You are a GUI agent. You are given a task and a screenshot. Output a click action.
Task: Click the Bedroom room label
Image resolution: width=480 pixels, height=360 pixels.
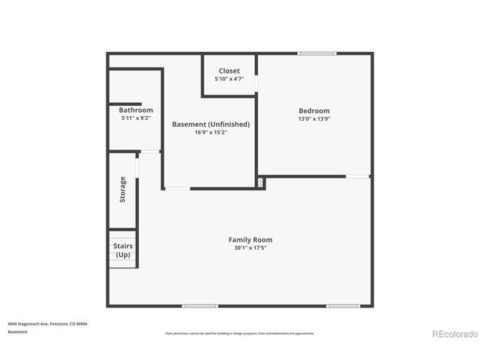point(313,111)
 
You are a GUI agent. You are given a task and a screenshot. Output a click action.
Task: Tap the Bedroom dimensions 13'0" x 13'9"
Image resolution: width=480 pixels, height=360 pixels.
point(313,118)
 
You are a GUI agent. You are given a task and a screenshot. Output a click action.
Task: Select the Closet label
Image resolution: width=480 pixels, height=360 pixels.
point(229,70)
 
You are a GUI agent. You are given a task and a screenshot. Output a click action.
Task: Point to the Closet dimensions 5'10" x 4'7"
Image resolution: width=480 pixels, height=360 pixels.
point(229,79)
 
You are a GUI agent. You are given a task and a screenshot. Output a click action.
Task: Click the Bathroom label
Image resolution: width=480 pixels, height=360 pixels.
point(136,110)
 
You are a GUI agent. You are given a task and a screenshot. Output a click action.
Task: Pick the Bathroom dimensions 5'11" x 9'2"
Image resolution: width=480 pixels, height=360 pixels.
point(136,118)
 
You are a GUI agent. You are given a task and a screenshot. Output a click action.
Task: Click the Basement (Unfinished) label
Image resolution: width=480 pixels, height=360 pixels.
point(211,124)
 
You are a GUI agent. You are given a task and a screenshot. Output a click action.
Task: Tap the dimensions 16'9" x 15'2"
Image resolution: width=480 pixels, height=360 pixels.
point(211,132)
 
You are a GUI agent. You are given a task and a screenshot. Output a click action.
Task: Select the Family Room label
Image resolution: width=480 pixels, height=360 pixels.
point(250,239)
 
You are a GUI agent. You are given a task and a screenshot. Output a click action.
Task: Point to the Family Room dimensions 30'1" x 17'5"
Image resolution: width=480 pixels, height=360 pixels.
point(250,247)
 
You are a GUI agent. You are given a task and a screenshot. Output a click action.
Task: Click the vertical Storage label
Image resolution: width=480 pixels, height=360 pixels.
point(122,189)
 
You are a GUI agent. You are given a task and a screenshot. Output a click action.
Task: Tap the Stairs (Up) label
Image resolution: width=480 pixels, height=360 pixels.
point(123,250)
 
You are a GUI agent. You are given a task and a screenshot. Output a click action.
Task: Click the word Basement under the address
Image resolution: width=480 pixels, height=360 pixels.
point(19,331)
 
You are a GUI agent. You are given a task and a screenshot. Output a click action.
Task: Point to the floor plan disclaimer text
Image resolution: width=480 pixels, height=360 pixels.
point(239,333)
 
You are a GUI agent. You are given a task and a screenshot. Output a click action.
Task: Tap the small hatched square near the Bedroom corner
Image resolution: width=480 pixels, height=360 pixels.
point(260,182)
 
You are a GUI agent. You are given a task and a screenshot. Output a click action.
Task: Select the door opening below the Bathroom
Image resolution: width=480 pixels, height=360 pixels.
point(150,151)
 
